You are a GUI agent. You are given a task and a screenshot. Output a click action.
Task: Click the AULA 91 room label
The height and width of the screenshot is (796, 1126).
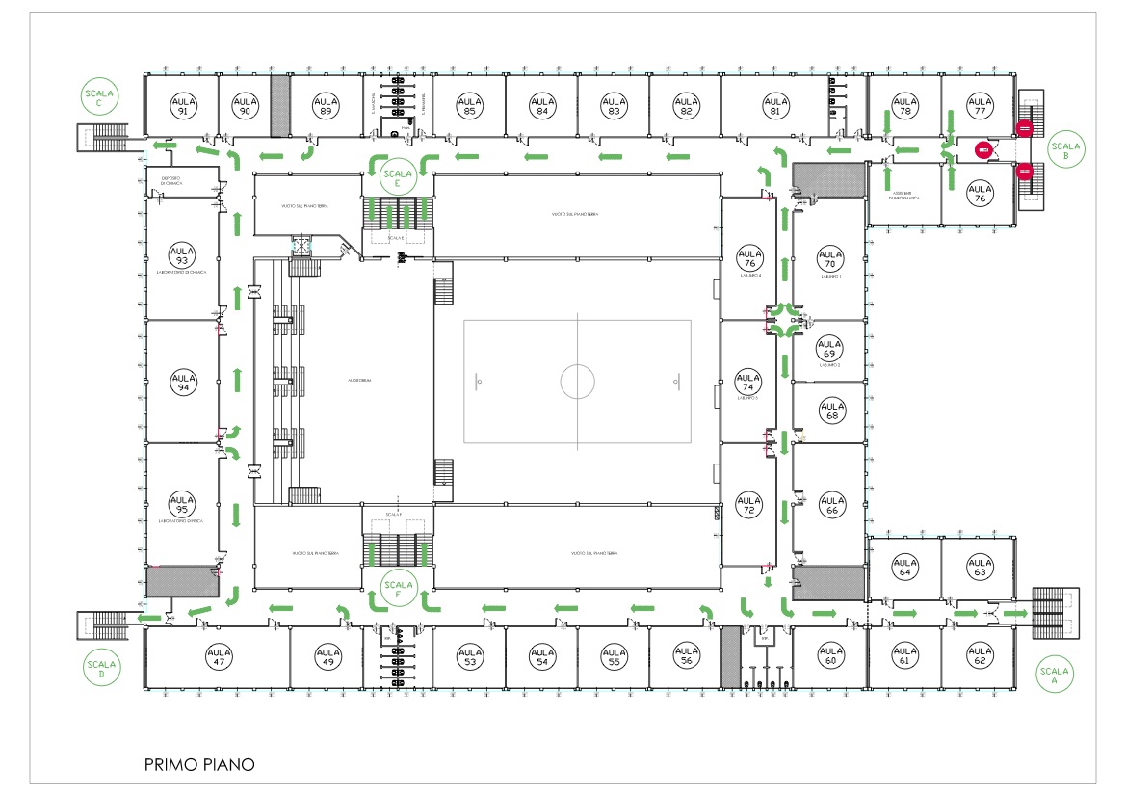[x=182, y=105]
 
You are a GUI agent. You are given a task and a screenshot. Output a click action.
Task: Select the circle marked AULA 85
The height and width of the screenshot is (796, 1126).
[x=469, y=105]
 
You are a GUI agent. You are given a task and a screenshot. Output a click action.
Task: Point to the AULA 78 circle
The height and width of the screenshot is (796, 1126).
[x=903, y=105]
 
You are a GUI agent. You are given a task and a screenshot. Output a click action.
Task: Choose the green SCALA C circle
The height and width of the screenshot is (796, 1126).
[x=98, y=97]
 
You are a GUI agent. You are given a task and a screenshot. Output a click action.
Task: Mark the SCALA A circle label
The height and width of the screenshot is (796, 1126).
[x=1053, y=675]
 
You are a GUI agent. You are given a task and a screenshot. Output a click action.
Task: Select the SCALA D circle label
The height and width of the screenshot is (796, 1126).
[x=100, y=668]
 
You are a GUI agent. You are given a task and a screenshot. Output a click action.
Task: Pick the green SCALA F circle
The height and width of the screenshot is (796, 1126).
[x=397, y=586]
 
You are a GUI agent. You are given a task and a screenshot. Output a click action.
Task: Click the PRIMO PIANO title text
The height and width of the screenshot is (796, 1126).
[x=199, y=765]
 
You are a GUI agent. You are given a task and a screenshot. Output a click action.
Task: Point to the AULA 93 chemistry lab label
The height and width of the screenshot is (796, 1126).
[x=182, y=255]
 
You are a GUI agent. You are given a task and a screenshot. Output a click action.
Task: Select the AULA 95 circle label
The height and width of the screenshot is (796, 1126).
[x=182, y=505]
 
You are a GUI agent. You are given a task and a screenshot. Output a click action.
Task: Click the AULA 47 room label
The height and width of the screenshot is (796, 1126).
[x=220, y=657]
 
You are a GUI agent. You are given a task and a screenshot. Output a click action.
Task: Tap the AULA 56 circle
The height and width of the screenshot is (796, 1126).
[x=685, y=657]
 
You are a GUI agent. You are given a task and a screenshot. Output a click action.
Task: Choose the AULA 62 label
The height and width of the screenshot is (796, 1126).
[x=980, y=657]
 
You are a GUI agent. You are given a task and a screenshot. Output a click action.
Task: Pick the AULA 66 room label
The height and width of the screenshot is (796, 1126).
[x=830, y=506]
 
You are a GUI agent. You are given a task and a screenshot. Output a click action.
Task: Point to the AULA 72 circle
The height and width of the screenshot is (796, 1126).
[x=748, y=505]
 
